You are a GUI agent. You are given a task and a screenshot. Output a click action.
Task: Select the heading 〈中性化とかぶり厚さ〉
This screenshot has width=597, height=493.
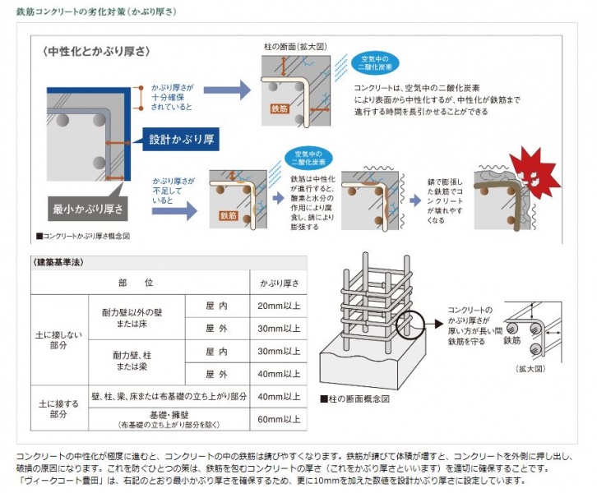click(97, 52)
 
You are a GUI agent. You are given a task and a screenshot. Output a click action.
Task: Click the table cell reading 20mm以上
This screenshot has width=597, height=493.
click(279, 306)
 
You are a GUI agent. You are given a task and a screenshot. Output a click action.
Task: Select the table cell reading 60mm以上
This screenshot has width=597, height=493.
click(279, 419)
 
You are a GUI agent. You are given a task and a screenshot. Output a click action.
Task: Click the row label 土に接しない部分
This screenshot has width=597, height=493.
click(58, 340)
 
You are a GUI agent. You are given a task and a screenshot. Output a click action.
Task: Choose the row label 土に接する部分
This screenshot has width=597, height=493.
click(58, 408)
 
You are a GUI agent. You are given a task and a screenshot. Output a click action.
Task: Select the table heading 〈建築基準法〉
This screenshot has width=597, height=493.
click(59, 262)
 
